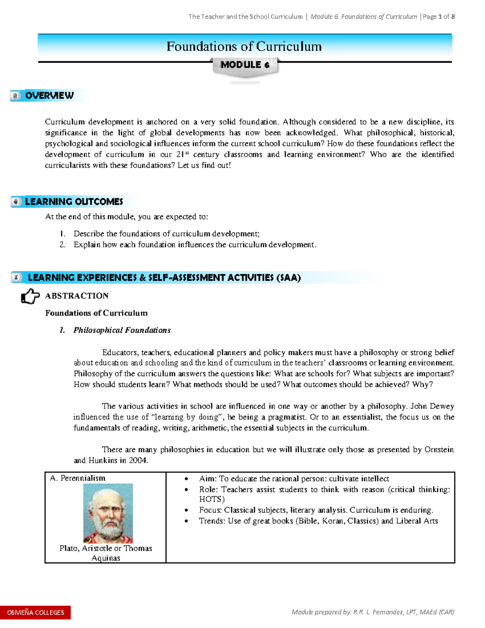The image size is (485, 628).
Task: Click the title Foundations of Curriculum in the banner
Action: click(244, 47)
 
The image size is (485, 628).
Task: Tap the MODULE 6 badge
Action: click(245, 65)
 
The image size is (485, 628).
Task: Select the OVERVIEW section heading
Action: click(49, 95)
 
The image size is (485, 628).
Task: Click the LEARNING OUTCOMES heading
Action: click(74, 201)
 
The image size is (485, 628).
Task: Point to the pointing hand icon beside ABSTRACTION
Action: click(30, 296)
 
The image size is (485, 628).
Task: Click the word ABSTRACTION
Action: click(77, 296)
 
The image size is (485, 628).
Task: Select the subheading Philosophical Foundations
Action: click(122, 330)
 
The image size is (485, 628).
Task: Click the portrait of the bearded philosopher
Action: click(108, 513)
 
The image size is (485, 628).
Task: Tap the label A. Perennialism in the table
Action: click(78, 478)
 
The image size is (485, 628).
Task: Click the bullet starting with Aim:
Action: click(294, 479)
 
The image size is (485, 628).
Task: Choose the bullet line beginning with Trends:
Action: click(318, 521)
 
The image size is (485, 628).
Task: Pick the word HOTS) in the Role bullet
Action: click(212, 499)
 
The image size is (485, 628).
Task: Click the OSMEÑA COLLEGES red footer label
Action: click(36, 612)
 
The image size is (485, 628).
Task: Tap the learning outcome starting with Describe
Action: click(167, 234)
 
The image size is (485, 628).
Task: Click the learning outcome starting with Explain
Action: click(195, 245)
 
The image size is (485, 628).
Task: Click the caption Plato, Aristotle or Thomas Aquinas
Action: click(105, 553)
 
